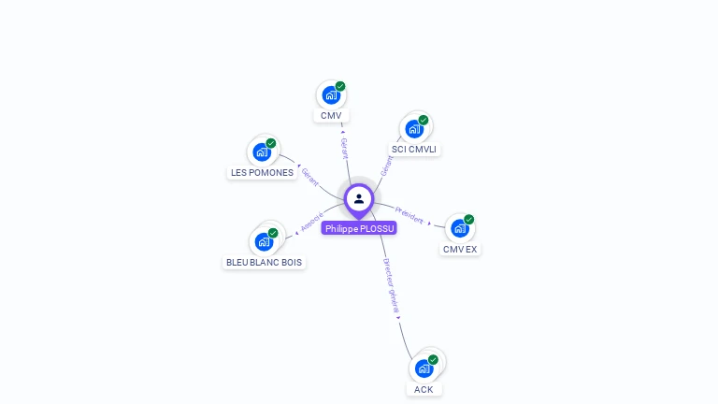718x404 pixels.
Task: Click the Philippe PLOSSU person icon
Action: point(359,198)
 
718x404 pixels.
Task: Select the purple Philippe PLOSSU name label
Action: point(359,228)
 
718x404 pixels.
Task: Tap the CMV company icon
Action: point(331,94)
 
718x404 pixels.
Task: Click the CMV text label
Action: point(331,116)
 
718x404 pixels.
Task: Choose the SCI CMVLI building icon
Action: point(414,128)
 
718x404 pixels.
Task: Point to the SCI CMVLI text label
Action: point(414,150)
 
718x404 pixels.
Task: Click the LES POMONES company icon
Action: point(262,151)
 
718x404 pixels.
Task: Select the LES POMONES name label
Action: point(262,173)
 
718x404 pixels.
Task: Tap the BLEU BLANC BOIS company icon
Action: point(264,241)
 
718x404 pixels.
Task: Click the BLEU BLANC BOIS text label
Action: point(265,263)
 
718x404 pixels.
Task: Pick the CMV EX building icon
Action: point(459,228)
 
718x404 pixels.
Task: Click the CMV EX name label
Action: point(460,250)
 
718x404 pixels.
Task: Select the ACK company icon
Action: point(424,368)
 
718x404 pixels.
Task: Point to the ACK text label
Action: point(424,390)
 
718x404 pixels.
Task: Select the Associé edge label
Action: point(312,222)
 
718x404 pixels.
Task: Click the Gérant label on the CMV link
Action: point(344,148)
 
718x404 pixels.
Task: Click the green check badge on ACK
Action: point(433,359)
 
